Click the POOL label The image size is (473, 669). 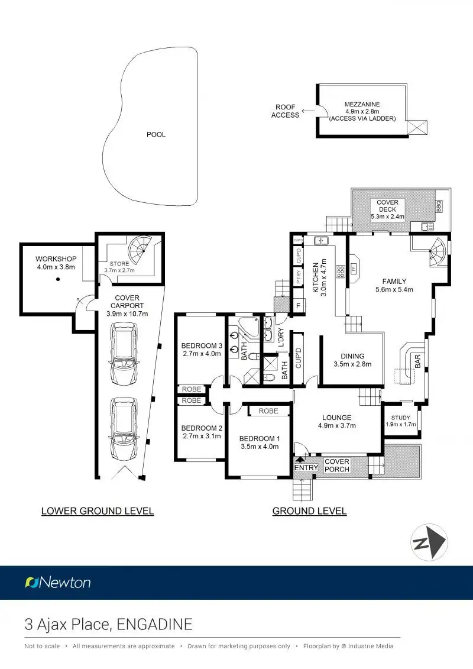(x=156, y=134)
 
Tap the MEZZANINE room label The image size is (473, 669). (x=362, y=104)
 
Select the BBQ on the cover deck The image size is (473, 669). (x=439, y=206)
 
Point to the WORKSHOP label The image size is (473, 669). (x=56, y=258)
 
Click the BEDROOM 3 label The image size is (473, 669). (x=201, y=345)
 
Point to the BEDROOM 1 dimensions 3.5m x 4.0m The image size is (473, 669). (x=258, y=447)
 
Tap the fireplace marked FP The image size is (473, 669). (x=354, y=267)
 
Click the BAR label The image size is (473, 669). (x=417, y=361)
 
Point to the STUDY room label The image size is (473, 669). (x=401, y=418)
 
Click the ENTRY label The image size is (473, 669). (x=306, y=467)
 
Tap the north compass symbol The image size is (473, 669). (x=429, y=542)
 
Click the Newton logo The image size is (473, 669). (x=58, y=583)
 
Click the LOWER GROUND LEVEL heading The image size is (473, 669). (x=98, y=511)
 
